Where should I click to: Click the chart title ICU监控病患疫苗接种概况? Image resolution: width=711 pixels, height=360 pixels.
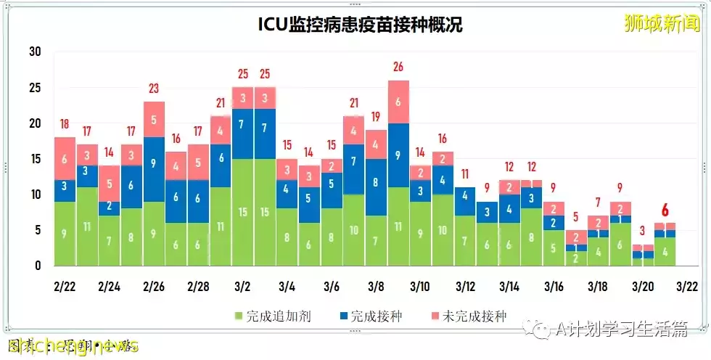coord(361,25)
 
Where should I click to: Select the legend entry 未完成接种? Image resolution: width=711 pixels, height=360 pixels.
coord(471,316)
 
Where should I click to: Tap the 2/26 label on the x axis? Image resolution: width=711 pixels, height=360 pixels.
coord(154,287)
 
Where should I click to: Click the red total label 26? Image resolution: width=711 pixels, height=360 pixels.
coord(398,67)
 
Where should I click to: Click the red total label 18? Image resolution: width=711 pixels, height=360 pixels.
coord(65,124)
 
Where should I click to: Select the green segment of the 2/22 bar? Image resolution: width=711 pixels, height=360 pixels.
coord(65,234)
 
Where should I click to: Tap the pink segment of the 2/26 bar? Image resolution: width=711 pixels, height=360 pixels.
coord(154,119)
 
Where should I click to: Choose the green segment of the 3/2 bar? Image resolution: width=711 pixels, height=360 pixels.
coord(242,212)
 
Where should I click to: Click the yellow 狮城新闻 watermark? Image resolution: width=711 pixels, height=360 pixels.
coord(662,22)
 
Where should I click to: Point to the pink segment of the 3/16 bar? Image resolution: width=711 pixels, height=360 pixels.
coord(554,208)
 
